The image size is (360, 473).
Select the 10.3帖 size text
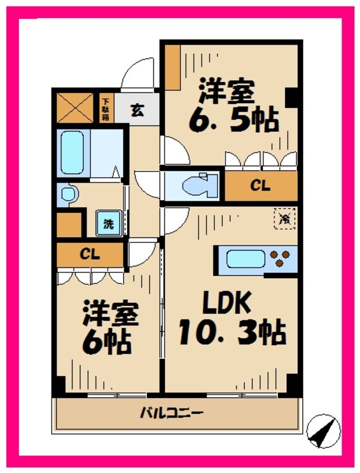point(231,333)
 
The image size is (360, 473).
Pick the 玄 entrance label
point(137,110)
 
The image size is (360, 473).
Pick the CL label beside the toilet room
point(260,186)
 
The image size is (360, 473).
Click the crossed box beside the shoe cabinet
point(74,107)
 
